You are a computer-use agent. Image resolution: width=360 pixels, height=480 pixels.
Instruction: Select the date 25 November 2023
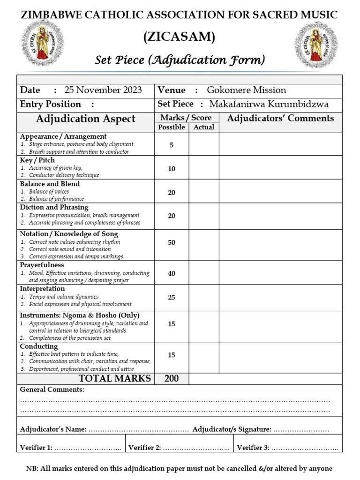pos(103,90)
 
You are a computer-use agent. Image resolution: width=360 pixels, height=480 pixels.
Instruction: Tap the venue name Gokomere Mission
pos(246,90)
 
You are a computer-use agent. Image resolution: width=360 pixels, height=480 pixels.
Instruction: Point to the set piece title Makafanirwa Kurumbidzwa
pos(269,105)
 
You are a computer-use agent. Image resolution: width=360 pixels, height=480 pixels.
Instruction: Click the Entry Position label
pos(51,105)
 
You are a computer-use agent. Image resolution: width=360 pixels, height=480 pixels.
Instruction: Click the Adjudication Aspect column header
pos(86,119)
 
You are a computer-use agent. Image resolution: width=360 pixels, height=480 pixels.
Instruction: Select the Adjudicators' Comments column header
pos(280,118)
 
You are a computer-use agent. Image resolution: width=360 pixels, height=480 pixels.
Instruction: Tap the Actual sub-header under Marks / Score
pos(203,127)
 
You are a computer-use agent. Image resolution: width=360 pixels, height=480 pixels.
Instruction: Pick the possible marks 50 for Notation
pos(172,242)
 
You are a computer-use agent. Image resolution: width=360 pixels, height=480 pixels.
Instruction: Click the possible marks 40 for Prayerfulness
pos(172,273)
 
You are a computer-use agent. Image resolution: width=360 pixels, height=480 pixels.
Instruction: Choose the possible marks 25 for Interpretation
pos(172,297)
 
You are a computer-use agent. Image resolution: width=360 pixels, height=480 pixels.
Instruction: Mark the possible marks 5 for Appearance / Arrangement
pos(172,145)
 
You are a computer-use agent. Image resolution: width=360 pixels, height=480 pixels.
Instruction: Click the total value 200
pos(172,378)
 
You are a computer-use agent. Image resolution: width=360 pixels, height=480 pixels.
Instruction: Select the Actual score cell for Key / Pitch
pos(203,168)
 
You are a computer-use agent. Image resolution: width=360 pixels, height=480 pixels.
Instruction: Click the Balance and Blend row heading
pos(50,184)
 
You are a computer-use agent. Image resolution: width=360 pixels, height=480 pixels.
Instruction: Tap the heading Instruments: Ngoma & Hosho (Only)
pos(80,315)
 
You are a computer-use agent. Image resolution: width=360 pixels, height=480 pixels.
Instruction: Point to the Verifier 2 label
pos(144,448)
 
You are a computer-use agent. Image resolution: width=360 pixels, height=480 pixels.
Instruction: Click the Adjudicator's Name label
pos(53,429)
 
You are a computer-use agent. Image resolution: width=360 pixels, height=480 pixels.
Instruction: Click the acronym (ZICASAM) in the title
pos(180,37)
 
